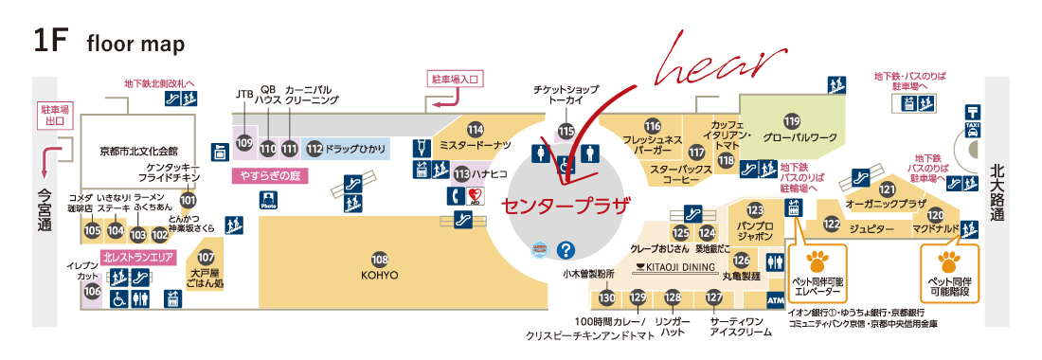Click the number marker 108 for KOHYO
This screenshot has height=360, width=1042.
click(380, 259)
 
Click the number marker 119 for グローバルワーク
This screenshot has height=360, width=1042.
click(792, 120)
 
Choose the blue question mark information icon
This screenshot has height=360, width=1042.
click(566, 250)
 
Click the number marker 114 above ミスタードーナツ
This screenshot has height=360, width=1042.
click(475, 129)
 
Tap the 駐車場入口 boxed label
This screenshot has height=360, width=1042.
click(456, 79)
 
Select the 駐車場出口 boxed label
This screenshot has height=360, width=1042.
click(53, 114)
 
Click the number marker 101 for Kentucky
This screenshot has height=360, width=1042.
click(188, 200)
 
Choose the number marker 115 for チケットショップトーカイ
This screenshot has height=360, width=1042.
click(566, 131)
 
